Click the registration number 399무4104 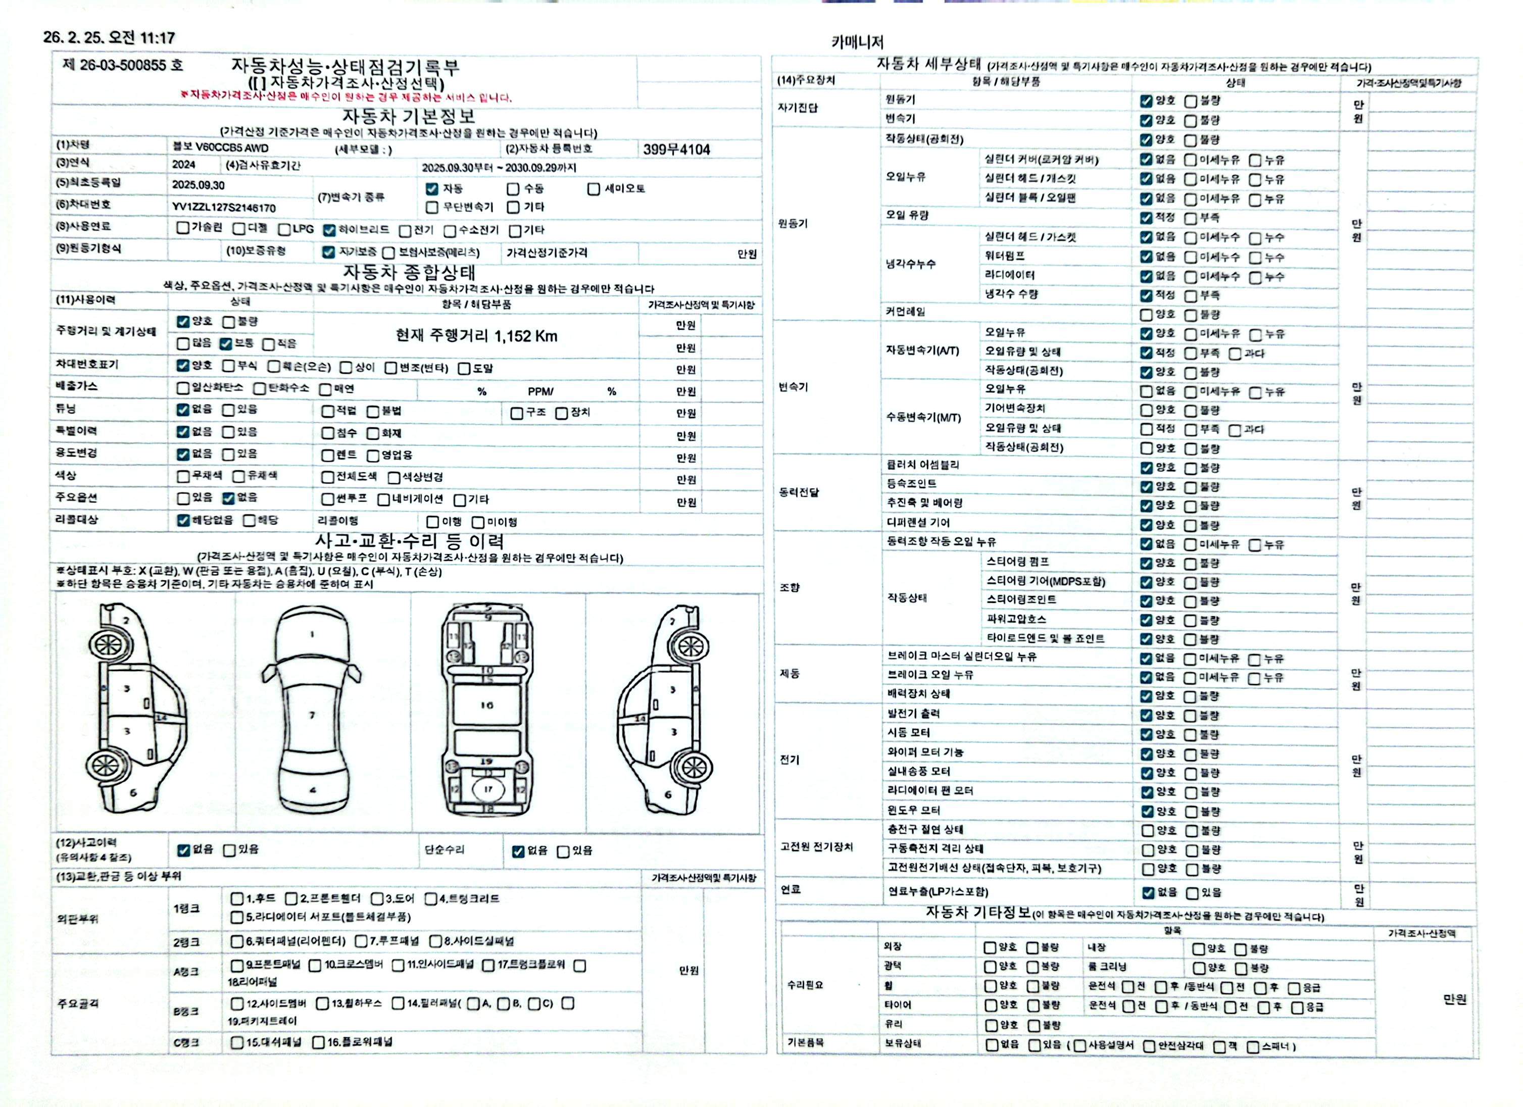point(676,149)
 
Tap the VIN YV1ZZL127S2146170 point(224,208)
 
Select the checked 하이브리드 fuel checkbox point(329,230)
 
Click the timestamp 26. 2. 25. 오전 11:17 point(109,37)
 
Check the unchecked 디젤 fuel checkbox point(239,229)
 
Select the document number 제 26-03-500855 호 point(122,65)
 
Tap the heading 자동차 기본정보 point(409,117)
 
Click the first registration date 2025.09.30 point(198,185)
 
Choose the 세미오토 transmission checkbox point(594,189)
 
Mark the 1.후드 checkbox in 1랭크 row point(237,898)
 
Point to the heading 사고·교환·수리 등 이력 point(410,541)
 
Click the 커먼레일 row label point(905,312)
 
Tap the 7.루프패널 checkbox point(361,941)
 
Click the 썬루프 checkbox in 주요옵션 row point(328,499)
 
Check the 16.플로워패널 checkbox point(318,1042)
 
